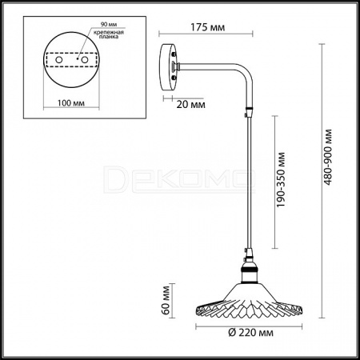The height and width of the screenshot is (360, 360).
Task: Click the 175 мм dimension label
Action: pos(208,27)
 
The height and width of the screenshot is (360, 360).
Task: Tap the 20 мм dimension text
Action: pos(190,105)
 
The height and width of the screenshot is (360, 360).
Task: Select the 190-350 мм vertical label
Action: pos(281,180)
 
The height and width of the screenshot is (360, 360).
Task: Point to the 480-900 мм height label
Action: pos(328,157)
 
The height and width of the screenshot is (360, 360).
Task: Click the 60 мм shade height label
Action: pos(166,300)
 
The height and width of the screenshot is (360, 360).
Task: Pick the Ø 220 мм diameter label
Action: pos(251,333)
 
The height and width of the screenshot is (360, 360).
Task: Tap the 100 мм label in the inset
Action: pos(71,103)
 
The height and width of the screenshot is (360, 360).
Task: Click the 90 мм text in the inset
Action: pos(109,24)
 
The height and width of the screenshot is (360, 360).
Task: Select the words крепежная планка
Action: pos(109,34)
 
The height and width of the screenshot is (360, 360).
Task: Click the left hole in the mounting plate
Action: pos(59,60)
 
